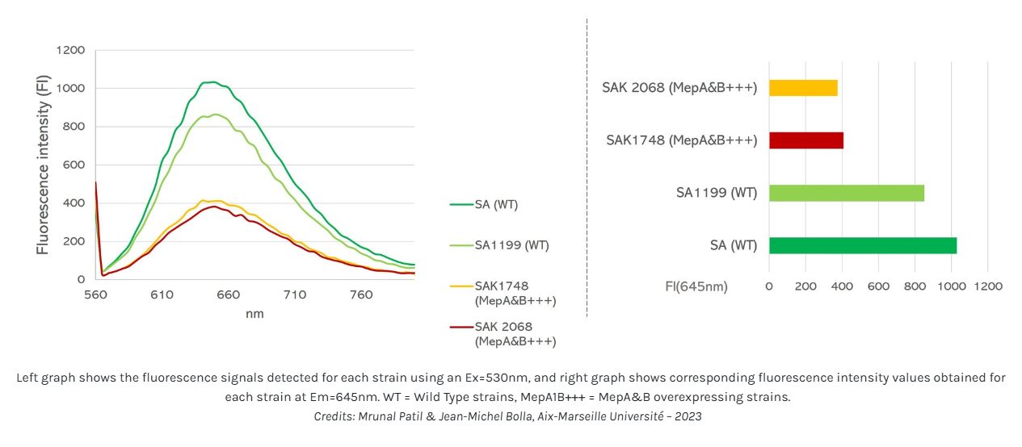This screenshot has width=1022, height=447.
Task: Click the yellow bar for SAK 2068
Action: click(x=803, y=88)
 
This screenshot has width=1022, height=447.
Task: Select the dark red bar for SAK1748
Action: click(x=805, y=140)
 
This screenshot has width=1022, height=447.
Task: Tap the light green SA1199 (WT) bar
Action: click(x=846, y=193)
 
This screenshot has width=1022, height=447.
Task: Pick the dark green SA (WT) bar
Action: click(x=862, y=245)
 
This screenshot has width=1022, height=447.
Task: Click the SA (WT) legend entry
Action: click(x=496, y=205)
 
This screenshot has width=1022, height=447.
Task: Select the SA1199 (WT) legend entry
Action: click(x=511, y=245)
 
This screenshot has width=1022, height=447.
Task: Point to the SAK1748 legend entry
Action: click(x=515, y=293)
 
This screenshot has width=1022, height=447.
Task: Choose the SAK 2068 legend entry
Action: click(x=515, y=334)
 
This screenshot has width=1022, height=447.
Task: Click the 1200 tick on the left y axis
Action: click(x=70, y=50)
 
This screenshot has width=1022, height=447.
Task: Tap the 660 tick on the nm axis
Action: click(x=228, y=295)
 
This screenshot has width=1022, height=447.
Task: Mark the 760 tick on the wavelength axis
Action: click(x=360, y=295)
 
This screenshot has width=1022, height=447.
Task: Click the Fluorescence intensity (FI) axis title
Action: click(x=43, y=164)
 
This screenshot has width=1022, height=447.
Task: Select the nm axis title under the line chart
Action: click(x=254, y=314)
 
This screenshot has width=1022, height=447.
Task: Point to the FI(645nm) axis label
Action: click(x=696, y=286)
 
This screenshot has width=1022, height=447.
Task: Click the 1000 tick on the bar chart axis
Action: click(x=951, y=286)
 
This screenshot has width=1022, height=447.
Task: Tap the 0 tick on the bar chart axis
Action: click(x=769, y=286)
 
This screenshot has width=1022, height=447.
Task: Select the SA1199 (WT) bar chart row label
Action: click(x=717, y=193)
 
